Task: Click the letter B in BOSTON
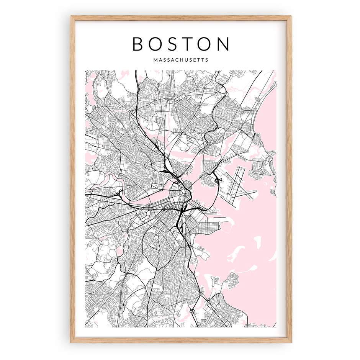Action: [138, 44]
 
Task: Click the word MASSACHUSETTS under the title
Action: [180, 60]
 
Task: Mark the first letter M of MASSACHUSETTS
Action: [155, 60]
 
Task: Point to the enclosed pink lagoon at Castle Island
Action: [227, 226]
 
